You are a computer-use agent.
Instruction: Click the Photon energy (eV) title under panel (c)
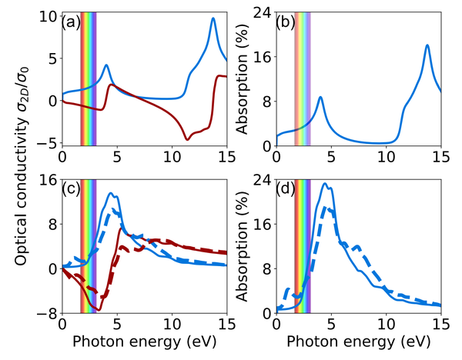tap(144, 343)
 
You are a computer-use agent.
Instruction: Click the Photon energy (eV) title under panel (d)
tap(358, 343)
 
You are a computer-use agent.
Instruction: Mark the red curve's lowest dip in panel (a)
tap(187, 139)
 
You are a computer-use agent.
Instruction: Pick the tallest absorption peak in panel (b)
tap(427, 45)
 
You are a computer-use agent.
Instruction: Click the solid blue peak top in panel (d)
tap(326, 184)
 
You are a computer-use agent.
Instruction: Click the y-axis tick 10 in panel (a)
tap(48, 16)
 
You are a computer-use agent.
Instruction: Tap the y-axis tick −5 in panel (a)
tap(48, 142)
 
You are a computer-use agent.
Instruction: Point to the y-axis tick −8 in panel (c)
tap(48, 313)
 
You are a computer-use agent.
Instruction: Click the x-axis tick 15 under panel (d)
tap(440, 325)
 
